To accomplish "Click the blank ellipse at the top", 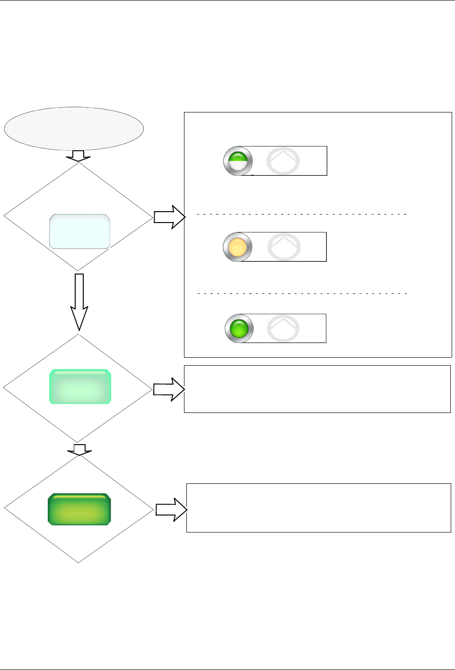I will [x=74, y=129].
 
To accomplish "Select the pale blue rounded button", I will [x=79, y=232].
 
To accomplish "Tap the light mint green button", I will [x=80, y=387].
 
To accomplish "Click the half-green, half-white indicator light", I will [x=238, y=161].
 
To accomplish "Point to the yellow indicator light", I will [x=237, y=247].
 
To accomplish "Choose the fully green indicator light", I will [x=239, y=328].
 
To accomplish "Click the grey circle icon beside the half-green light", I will [x=283, y=161].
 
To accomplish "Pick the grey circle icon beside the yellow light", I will [x=284, y=247].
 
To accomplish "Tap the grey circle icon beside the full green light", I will [x=283, y=328].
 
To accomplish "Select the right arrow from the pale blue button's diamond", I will [x=169, y=217].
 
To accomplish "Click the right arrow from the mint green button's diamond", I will [x=169, y=389].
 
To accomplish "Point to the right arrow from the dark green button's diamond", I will [x=171, y=510].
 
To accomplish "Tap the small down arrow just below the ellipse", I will [x=78, y=156].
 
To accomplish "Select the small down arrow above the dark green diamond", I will [x=79, y=450].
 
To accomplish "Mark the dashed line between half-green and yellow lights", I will [x=302, y=214].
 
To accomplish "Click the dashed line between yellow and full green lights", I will [x=302, y=293].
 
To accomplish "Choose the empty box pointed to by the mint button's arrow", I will [x=317, y=389].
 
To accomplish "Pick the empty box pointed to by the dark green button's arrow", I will [x=318, y=508].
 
